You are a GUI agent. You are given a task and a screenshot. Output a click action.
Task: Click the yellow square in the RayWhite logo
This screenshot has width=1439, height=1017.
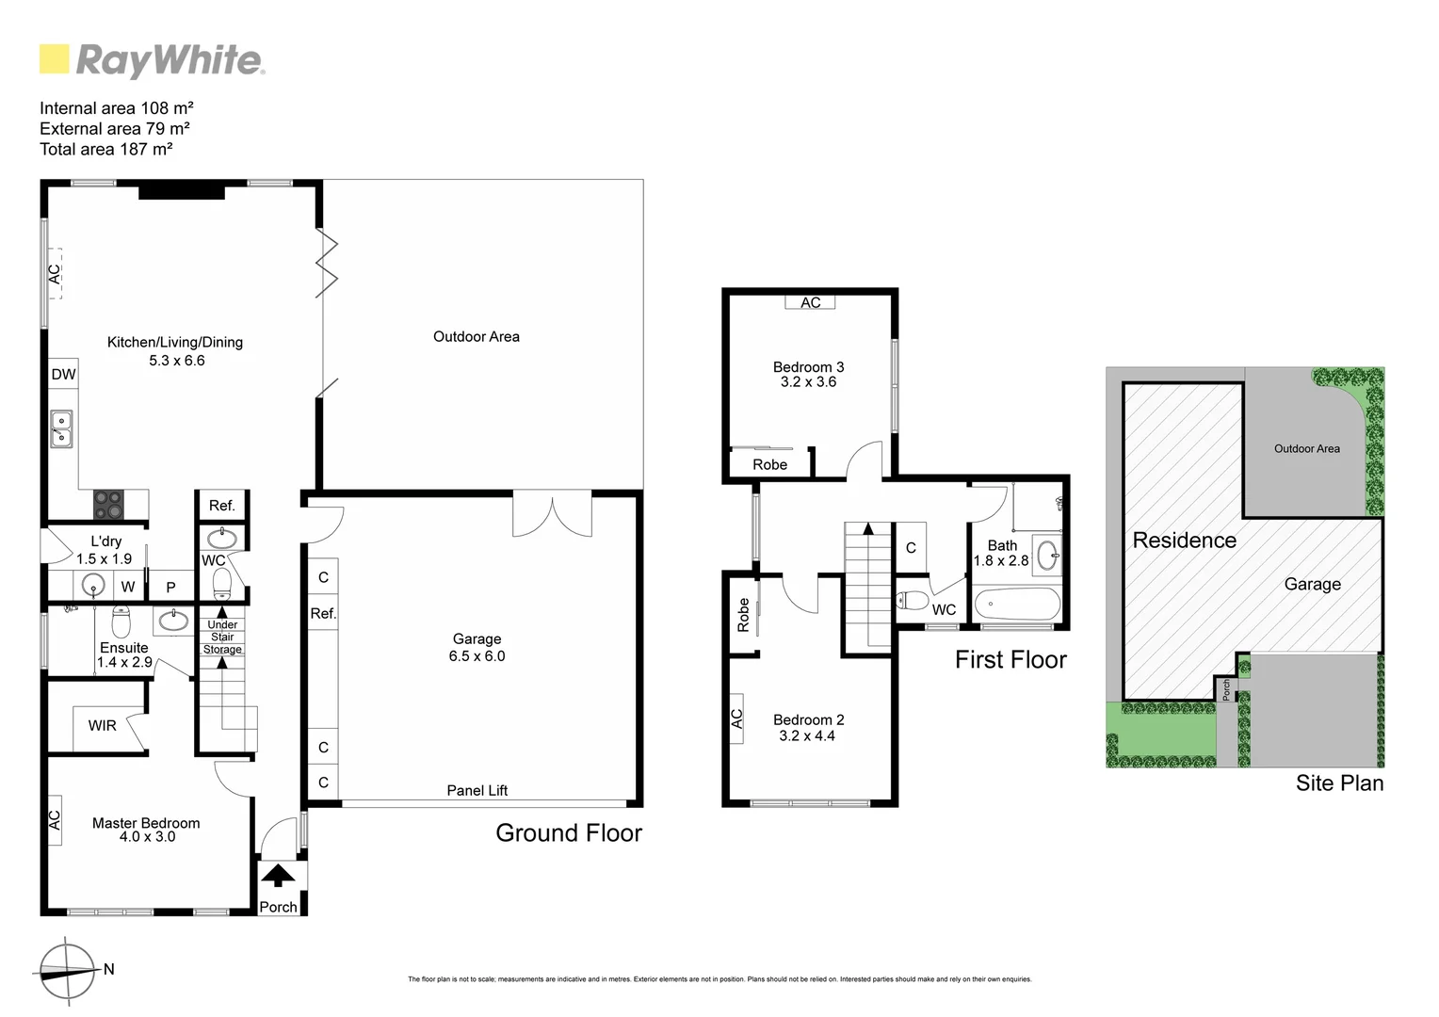click(55, 59)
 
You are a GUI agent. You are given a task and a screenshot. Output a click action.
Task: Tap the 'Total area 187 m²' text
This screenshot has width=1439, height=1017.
click(105, 149)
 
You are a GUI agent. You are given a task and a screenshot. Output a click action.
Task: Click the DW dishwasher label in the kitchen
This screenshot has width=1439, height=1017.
click(63, 374)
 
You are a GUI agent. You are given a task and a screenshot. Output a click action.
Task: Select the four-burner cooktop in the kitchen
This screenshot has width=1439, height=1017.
click(108, 505)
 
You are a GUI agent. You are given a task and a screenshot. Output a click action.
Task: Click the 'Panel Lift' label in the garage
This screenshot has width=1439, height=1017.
click(477, 790)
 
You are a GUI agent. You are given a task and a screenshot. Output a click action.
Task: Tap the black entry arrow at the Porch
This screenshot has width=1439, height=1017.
click(277, 876)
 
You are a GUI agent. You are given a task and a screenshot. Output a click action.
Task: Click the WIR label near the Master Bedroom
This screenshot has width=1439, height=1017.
click(102, 725)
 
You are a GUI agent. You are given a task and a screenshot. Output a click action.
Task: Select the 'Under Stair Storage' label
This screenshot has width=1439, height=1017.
click(222, 637)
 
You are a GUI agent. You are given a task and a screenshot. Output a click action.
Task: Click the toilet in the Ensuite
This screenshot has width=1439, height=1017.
click(121, 621)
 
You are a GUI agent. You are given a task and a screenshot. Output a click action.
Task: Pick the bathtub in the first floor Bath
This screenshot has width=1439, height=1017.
click(1017, 604)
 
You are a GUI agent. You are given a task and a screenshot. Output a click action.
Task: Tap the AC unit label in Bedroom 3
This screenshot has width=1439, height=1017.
click(810, 302)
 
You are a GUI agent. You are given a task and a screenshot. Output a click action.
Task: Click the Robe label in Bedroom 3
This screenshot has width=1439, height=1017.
click(769, 464)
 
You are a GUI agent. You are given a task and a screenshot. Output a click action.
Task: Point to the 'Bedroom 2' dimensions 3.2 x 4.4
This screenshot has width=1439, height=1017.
click(807, 735)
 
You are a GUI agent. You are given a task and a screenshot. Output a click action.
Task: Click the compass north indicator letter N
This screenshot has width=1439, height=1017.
click(109, 969)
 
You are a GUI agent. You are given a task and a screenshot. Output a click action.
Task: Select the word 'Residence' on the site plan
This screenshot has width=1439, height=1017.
click(1184, 540)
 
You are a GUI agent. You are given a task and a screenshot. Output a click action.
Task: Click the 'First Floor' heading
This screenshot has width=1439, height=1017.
click(1011, 659)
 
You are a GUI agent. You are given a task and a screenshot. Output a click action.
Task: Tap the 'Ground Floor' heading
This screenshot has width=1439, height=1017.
click(569, 832)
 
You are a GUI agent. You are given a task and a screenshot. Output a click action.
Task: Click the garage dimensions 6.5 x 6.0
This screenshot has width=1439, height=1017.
click(477, 655)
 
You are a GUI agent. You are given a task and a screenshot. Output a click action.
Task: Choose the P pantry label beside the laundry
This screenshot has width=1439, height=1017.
click(170, 587)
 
